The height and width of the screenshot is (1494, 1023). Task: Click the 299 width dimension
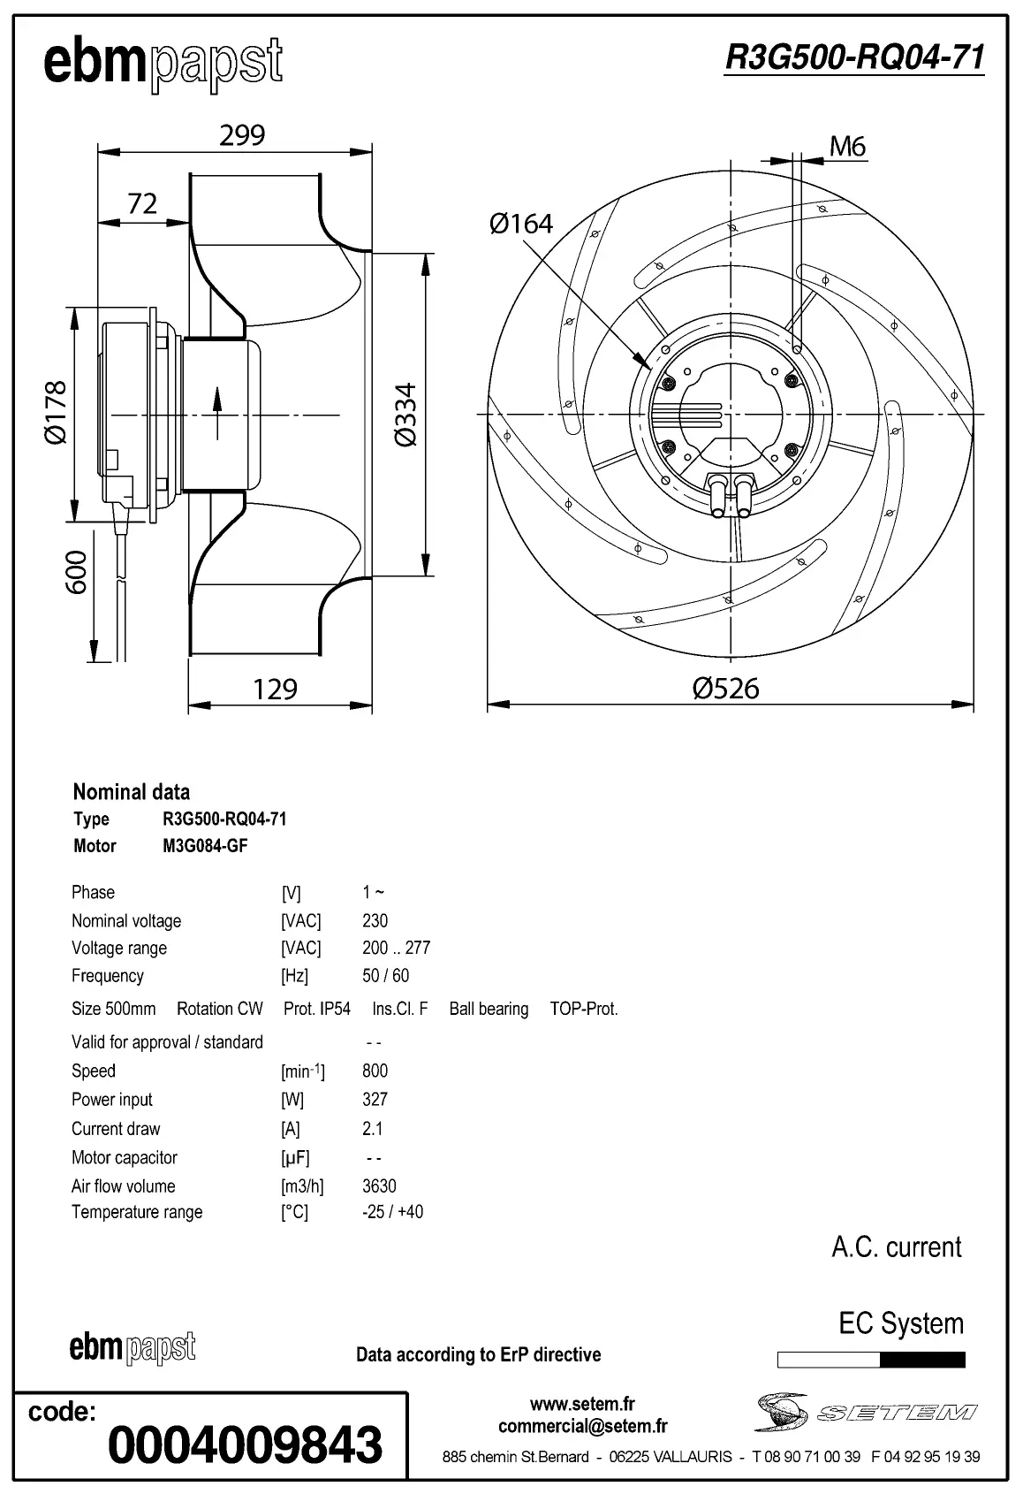click(x=242, y=135)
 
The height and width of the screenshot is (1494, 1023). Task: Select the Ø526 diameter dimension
click(x=725, y=688)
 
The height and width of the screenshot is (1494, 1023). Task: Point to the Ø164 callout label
click(x=521, y=224)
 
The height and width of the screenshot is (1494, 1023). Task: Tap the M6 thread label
click(x=847, y=147)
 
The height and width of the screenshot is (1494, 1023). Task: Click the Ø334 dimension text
click(x=405, y=415)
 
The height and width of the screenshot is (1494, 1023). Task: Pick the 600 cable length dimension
click(x=77, y=571)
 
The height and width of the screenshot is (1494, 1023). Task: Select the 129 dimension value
click(x=275, y=689)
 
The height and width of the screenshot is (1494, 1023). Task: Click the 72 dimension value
click(x=142, y=204)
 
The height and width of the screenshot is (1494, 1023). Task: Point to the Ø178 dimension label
click(x=55, y=412)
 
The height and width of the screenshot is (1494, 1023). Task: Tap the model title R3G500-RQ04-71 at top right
click(x=853, y=58)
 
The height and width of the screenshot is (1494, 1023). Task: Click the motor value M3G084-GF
click(x=205, y=846)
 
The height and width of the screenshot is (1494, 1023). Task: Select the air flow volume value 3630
click(x=379, y=1185)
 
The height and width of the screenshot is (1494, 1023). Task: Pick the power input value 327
click(x=375, y=1099)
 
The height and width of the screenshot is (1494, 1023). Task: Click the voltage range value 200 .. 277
click(x=396, y=948)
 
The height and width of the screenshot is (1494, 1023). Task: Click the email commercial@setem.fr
click(x=582, y=1426)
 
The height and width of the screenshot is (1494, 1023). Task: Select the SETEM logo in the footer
click(x=866, y=1412)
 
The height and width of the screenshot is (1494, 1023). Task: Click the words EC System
click(x=900, y=1323)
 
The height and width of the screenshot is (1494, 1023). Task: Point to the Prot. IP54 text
click(x=316, y=1009)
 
